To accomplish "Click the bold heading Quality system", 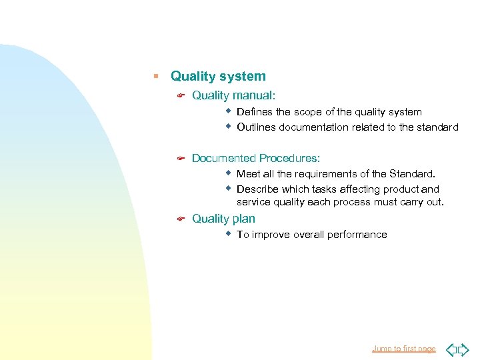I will coord(218,77).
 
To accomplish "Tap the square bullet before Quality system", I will coord(155,77).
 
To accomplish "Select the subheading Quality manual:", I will coord(233,96).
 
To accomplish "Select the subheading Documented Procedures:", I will coord(256,158).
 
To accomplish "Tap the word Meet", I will coord(249,174).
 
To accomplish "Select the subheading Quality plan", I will coord(223,219).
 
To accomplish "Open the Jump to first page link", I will coord(403,349).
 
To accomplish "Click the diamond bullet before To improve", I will coord(228,234).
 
